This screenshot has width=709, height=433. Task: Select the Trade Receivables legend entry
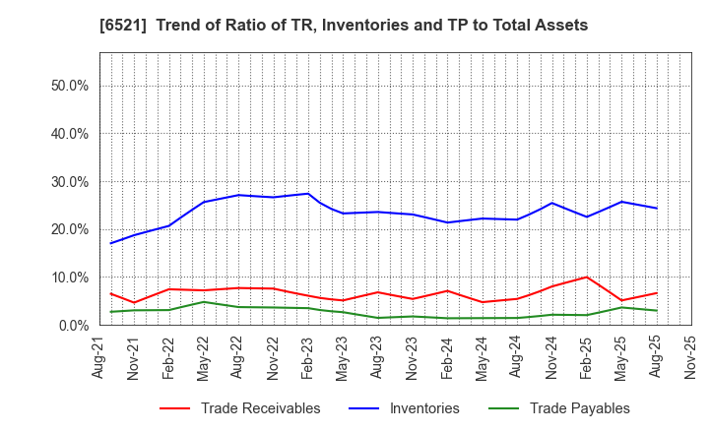(x=260, y=408)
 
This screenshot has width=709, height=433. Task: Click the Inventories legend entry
(x=423, y=408)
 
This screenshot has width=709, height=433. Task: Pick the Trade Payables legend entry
(x=579, y=408)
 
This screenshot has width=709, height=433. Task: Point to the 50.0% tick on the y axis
(x=69, y=86)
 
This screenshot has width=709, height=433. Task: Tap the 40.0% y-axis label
(x=69, y=134)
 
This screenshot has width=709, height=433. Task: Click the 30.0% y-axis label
(x=69, y=182)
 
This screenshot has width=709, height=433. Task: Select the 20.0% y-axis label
(x=69, y=229)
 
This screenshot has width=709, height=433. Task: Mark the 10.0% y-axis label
(x=69, y=278)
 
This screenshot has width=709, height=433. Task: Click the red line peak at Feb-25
(x=587, y=278)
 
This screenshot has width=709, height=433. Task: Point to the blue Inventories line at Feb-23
(x=308, y=194)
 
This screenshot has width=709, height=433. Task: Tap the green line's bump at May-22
(x=203, y=302)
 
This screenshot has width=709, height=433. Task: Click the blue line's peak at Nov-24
(x=552, y=203)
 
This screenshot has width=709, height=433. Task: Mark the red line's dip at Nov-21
(x=133, y=303)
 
